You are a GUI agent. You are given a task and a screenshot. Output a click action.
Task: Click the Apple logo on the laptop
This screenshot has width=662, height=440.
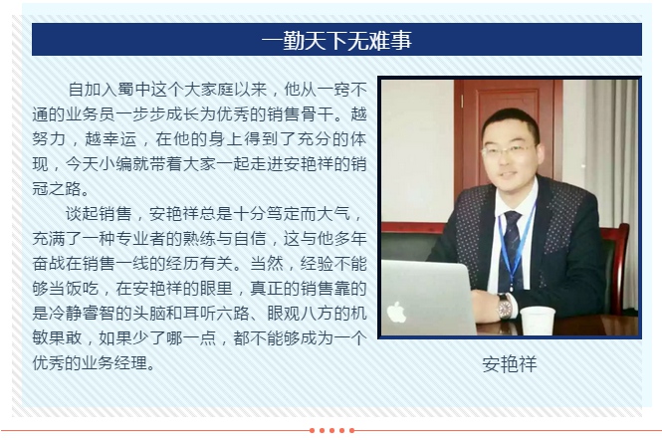pos(396,312)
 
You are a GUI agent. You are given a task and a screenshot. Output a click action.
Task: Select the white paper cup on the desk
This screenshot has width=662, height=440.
pos(538,320)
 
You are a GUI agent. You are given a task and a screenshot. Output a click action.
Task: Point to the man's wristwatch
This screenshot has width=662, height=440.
pos(505,307)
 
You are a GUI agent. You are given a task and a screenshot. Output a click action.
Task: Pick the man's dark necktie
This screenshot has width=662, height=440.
pos(513,239)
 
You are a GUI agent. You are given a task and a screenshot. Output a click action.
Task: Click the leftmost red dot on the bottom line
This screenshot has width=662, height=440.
pos(312,431)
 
